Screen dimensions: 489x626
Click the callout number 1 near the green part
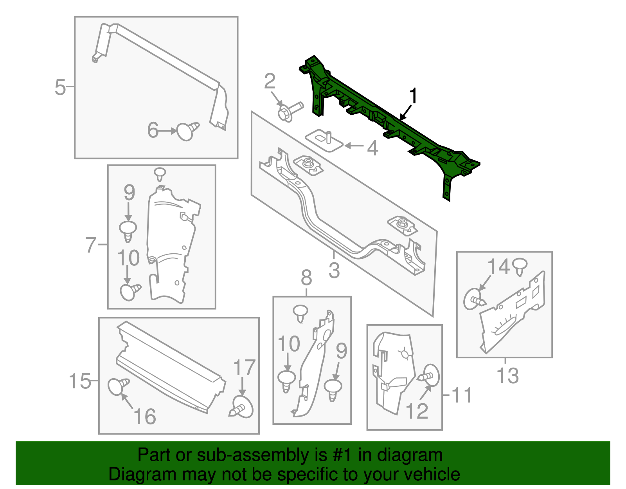point(413,96)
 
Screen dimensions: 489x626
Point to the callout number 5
point(60,87)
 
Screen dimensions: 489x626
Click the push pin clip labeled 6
point(187,131)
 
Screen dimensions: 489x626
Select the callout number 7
point(90,245)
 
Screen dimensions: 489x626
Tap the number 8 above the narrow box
point(306,278)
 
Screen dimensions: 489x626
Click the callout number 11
point(462,395)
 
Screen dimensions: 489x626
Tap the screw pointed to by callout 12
point(430,376)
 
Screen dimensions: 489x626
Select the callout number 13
point(507,376)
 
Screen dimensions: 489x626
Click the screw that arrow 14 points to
point(474,300)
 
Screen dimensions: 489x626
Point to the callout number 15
point(80,381)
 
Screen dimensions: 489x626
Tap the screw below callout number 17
point(242,408)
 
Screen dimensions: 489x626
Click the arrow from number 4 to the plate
point(354,146)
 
